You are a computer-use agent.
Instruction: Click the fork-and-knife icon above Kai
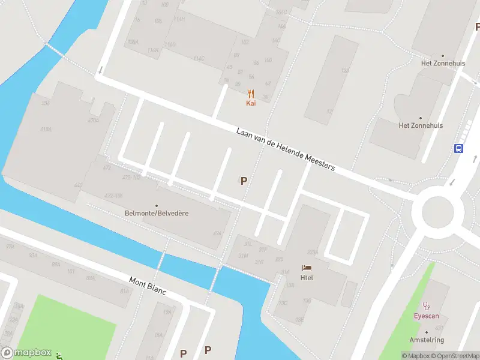[x=251, y=94]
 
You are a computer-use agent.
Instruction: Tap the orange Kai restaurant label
[x=251, y=103]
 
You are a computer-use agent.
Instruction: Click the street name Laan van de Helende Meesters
[x=285, y=149]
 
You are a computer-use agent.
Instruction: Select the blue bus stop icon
[x=459, y=148]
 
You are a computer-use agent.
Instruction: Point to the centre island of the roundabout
[x=442, y=211]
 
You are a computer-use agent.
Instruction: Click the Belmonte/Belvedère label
[x=157, y=213]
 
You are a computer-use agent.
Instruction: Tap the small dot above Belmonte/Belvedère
[x=157, y=205]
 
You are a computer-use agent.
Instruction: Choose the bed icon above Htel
[x=307, y=268]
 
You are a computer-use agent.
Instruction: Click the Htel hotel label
[x=307, y=277]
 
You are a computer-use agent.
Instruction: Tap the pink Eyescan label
[x=427, y=315]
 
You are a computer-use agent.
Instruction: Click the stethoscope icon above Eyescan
[x=427, y=305]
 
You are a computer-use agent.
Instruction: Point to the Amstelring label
[x=427, y=340]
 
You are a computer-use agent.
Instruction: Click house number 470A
[x=93, y=121]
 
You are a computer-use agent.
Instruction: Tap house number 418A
[x=46, y=130]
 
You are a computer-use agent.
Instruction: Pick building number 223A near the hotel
[x=313, y=252]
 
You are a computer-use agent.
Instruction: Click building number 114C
[x=199, y=58]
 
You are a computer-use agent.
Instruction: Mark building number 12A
[x=345, y=71]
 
